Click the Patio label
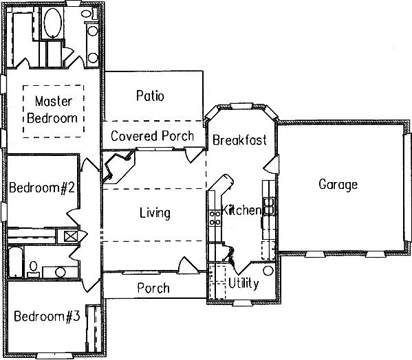coord(150,95)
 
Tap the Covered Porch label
coord(153,136)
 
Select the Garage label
coord(338,184)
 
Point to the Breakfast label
coord(239,140)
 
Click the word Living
coord(155,213)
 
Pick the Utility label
coord(243,283)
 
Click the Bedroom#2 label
coord(42,188)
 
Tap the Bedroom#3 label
coord(47,316)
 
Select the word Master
coord(54,101)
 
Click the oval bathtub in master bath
coord(53,23)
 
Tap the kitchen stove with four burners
coord(215,218)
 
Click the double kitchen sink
coord(268,206)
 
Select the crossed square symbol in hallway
coord(71,236)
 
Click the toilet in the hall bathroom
coord(33,269)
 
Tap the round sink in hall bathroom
coord(61,272)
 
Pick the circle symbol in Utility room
coord(268,271)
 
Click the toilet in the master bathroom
coord(89,13)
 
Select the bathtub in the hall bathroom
coord(15,262)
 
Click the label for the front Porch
coord(153,288)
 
